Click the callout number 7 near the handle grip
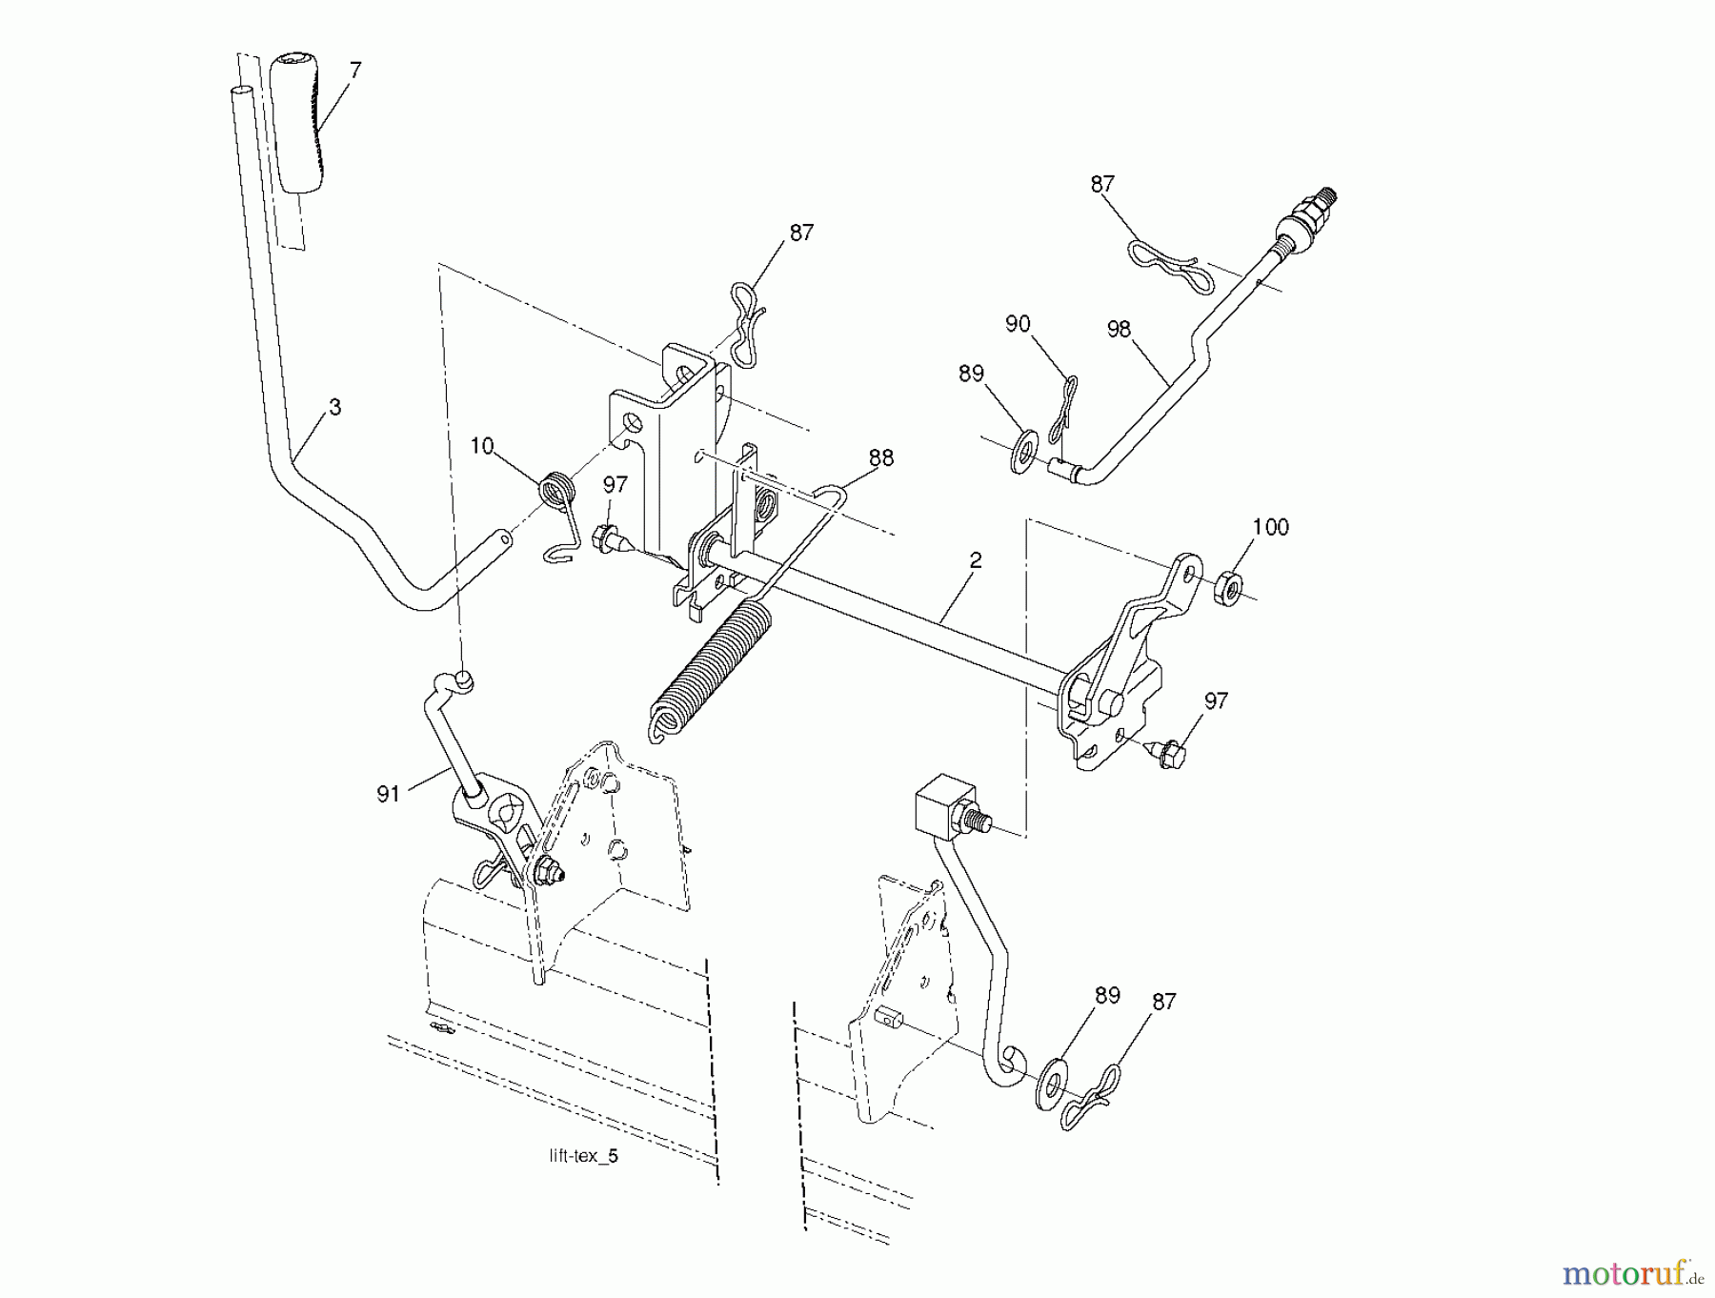[355, 71]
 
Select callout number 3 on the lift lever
[333, 407]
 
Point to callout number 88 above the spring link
[881, 458]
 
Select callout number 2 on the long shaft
[974, 561]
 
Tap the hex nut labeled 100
[1228, 588]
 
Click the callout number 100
[1270, 527]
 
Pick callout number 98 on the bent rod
[1119, 329]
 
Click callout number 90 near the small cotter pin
[1018, 324]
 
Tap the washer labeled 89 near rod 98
[1024, 450]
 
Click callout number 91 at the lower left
[388, 794]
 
